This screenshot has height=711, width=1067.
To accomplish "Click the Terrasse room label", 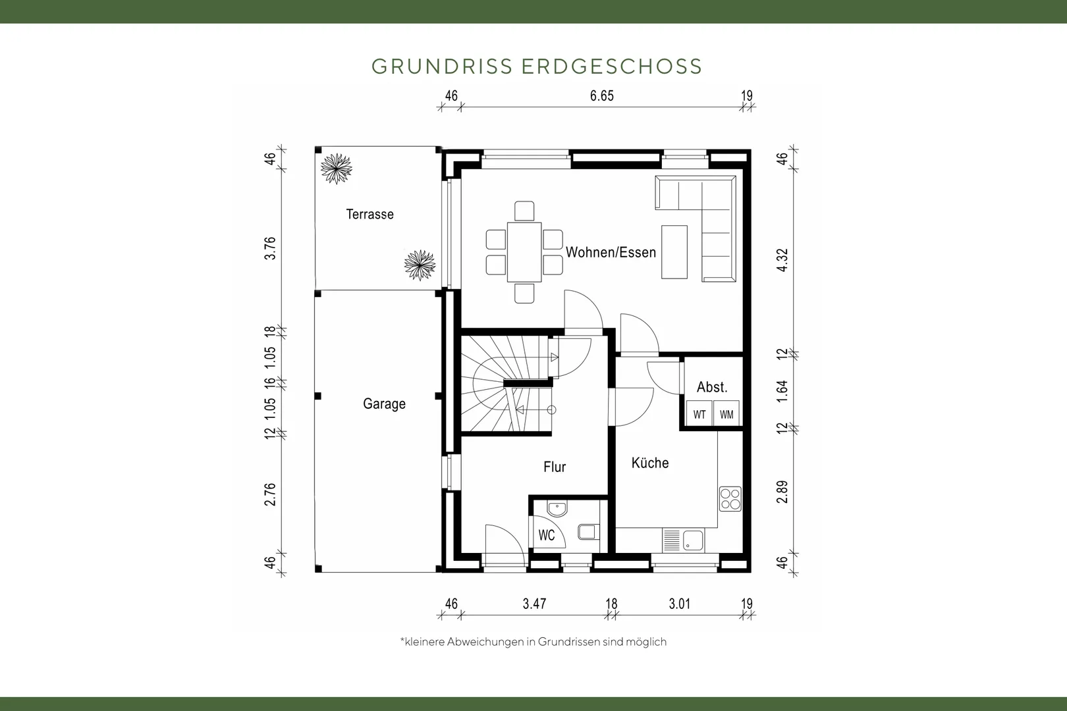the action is pyautogui.click(x=369, y=215).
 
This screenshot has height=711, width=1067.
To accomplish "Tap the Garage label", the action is pyautogui.click(x=384, y=404).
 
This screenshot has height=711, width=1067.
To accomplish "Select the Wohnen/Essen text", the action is pyautogui.click(x=611, y=252).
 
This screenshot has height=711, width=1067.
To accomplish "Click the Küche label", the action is pyautogui.click(x=650, y=462).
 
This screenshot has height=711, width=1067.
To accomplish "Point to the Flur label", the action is pyautogui.click(x=555, y=467).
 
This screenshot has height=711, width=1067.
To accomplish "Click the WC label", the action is pyautogui.click(x=547, y=535).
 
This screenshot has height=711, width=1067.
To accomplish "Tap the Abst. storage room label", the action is pyautogui.click(x=712, y=387).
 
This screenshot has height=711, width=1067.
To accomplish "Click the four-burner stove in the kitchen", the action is pyautogui.click(x=730, y=498).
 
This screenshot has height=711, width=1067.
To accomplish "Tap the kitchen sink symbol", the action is pyautogui.click(x=693, y=540).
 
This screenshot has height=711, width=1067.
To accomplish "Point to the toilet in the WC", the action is pyautogui.click(x=589, y=532).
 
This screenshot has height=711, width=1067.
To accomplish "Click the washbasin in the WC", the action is pyautogui.click(x=557, y=509).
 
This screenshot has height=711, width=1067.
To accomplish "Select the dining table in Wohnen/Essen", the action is pyautogui.click(x=524, y=252).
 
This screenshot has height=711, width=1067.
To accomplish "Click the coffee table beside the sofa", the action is pyautogui.click(x=674, y=252).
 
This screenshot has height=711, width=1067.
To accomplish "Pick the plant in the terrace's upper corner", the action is pyautogui.click(x=337, y=169).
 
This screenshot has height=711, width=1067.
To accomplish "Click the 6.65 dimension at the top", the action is pyautogui.click(x=601, y=95).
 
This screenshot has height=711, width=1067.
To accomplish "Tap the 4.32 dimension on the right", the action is pyautogui.click(x=782, y=260).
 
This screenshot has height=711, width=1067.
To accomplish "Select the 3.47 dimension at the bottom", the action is pyautogui.click(x=534, y=604).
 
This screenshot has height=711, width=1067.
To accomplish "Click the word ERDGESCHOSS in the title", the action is pyautogui.click(x=612, y=66).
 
